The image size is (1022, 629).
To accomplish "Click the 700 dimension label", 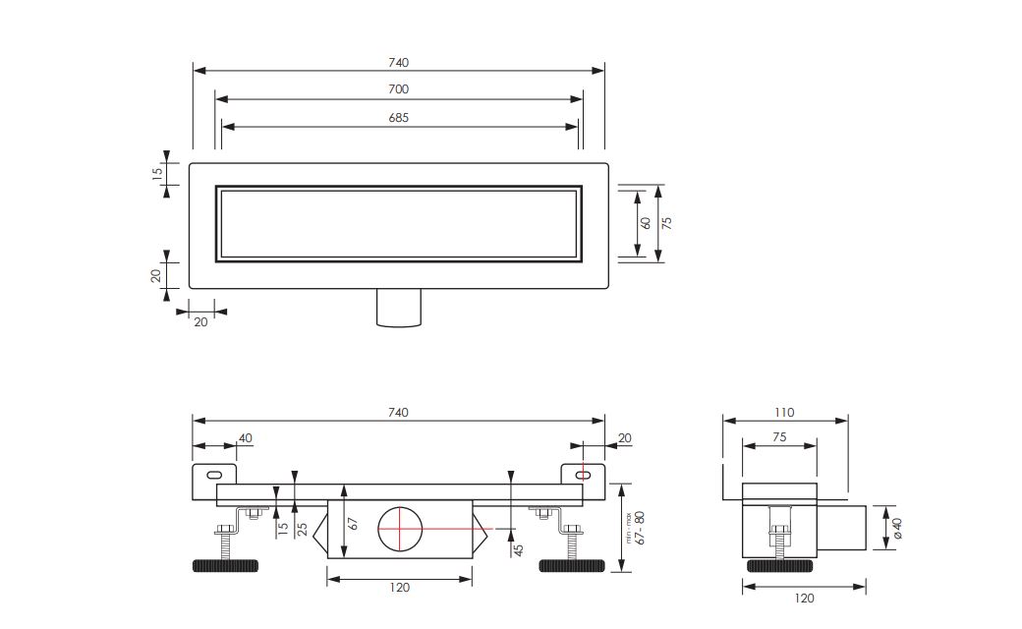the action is click(398, 89).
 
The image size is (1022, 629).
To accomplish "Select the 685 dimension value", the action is click(398, 118).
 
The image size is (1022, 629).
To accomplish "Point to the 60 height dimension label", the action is click(646, 223).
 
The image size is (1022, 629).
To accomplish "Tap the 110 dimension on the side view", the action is click(784, 413).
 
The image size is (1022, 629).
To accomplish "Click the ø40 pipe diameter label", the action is click(898, 529).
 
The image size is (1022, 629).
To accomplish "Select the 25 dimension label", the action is click(303, 528).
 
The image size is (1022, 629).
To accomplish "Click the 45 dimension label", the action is click(519, 549).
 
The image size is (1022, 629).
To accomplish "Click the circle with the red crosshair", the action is click(400, 528).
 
